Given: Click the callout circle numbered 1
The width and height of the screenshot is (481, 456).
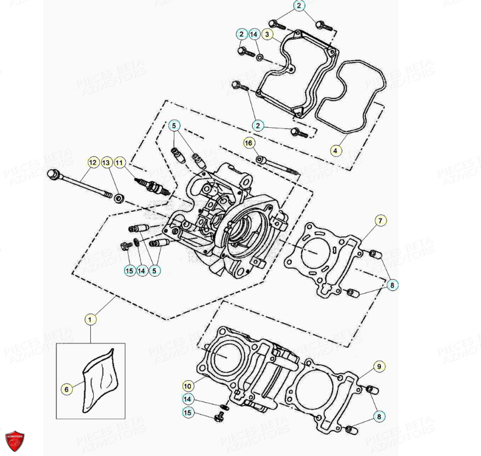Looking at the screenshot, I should [x=90, y=320].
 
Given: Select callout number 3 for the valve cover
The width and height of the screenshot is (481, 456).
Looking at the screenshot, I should [x=267, y=34].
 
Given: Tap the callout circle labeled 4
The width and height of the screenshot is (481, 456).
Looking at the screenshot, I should [x=336, y=150].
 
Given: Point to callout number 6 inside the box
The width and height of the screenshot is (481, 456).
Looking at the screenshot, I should [x=66, y=389].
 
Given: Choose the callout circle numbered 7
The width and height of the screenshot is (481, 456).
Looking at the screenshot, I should [x=380, y=221].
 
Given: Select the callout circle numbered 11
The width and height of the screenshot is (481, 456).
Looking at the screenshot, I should [x=120, y=162].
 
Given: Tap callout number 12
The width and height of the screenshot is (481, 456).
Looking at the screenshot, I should [x=93, y=162].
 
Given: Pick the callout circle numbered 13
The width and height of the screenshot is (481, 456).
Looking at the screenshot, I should [x=106, y=162].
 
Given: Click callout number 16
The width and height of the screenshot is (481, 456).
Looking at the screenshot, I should [x=249, y=143].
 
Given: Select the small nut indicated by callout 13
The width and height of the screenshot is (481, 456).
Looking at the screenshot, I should [x=118, y=198].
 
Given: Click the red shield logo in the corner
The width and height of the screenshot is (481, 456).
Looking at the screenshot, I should [x=15, y=441].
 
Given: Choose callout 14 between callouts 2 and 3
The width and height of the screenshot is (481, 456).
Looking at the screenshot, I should [x=254, y=34].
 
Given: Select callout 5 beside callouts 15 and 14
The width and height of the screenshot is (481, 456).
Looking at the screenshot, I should [x=155, y=271].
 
